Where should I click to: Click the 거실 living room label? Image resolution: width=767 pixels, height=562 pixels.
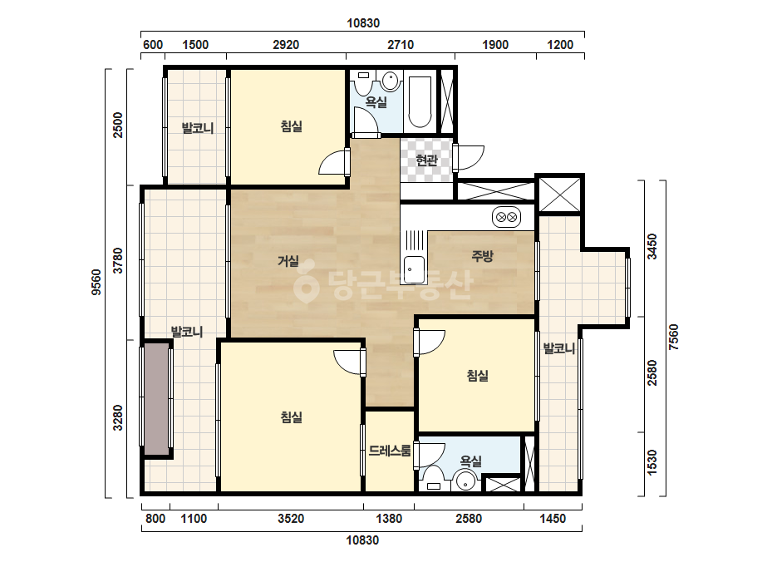288,261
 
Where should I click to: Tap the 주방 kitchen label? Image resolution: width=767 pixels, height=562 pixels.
482,255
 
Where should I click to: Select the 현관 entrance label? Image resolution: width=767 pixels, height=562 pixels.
426,160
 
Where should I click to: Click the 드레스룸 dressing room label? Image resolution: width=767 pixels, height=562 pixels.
390,451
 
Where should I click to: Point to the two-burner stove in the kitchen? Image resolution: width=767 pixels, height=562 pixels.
506,217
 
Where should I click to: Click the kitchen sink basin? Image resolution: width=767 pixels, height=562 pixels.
414,269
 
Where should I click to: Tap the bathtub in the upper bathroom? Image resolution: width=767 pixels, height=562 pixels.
420,101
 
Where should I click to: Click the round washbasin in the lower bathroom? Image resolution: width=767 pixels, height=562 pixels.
465,481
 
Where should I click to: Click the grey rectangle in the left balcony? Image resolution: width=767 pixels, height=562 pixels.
155,399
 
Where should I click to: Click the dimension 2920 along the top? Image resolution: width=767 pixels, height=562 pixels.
286,45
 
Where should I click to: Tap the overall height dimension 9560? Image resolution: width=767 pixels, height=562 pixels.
96,283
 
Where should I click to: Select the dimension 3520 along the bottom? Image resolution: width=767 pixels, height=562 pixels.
291,519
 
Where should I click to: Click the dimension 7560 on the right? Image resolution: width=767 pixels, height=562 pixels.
674,337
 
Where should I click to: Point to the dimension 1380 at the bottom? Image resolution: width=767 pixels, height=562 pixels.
389,519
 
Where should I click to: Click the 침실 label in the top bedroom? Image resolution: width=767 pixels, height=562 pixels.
292,126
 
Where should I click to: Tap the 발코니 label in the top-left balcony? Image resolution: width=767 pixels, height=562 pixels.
198,128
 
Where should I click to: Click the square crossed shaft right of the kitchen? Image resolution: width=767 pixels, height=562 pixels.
559,195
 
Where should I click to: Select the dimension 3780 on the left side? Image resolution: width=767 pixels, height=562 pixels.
118,260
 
